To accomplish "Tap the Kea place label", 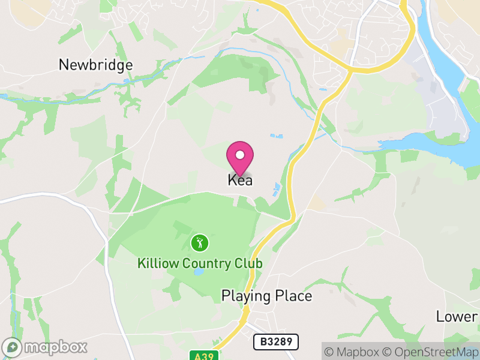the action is (240, 180).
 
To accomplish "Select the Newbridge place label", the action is (95, 65).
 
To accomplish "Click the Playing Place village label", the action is (266, 296).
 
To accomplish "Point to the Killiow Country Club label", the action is (200, 263).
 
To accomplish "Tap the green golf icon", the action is (200, 243).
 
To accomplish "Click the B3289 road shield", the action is (276, 342).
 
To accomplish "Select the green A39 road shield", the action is (205, 355).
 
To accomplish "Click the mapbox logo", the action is (46, 347).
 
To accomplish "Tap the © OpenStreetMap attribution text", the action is (431, 352).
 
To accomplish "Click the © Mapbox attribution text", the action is (353, 352).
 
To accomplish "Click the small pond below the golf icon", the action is (198, 272).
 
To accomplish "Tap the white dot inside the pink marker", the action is (240, 155).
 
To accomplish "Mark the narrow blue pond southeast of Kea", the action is (276, 190).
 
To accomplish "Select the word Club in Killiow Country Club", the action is (248, 263).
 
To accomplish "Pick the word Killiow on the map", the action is (155, 263).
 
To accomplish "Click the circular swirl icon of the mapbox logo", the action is (12, 347).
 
